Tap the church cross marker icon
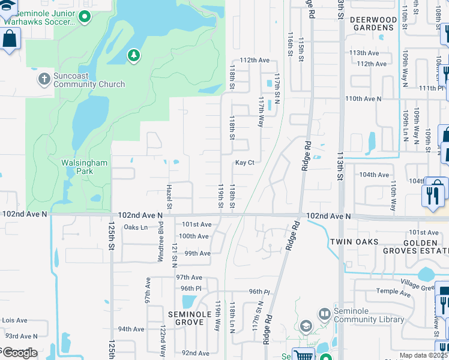click(x=44, y=79)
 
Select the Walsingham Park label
click(x=84, y=166)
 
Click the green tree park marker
click(x=133, y=56)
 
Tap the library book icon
click(x=324, y=314)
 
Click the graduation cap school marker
click(x=306, y=326)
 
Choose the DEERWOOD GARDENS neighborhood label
click(x=374, y=24)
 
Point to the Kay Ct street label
click(x=245, y=163)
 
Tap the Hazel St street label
click(x=170, y=199)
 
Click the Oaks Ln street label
click(x=135, y=227)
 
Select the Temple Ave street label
click(x=393, y=293)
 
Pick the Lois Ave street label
click(x=14, y=321)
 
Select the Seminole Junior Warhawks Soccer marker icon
click(x=85, y=17)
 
